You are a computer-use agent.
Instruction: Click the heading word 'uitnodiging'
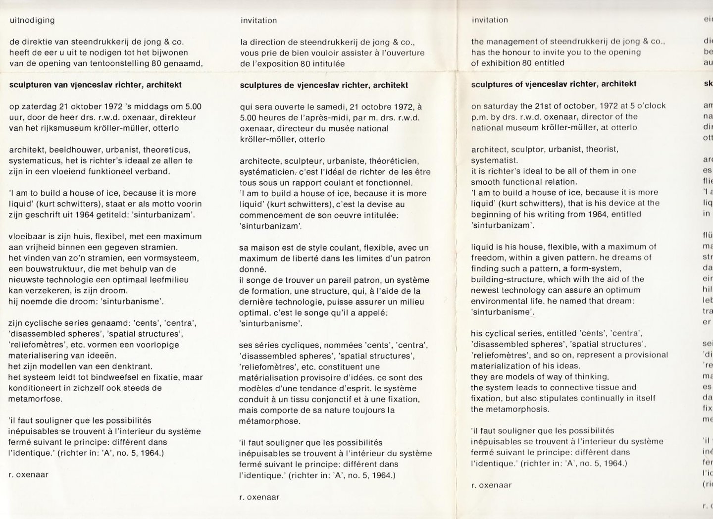32,20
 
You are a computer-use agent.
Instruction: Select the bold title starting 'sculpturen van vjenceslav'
96,85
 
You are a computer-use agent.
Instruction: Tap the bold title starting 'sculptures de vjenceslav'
324,85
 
